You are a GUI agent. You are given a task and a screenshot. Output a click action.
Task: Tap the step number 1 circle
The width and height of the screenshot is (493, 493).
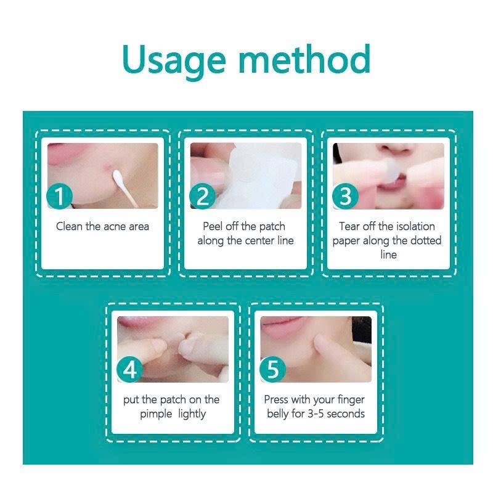[59, 196]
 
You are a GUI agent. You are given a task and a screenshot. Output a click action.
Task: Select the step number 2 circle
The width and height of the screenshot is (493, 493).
[203, 196]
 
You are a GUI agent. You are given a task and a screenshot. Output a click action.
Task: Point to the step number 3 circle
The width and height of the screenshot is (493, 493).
[346, 196]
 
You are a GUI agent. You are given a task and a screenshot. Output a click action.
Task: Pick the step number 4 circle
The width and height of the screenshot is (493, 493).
[129, 369]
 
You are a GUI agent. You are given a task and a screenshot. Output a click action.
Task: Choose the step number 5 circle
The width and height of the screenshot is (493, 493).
[272, 369]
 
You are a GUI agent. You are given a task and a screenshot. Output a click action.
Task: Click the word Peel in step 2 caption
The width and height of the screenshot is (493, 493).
[213, 226]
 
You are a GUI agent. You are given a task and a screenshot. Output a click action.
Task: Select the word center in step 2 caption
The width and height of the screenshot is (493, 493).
[259, 241]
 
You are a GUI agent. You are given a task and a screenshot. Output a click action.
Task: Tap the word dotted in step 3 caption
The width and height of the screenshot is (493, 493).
[426, 240]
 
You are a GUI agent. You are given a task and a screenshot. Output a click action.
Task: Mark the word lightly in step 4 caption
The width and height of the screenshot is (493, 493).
[192, 414]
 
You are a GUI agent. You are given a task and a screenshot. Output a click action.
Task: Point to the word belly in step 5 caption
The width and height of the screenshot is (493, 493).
[278, 414]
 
